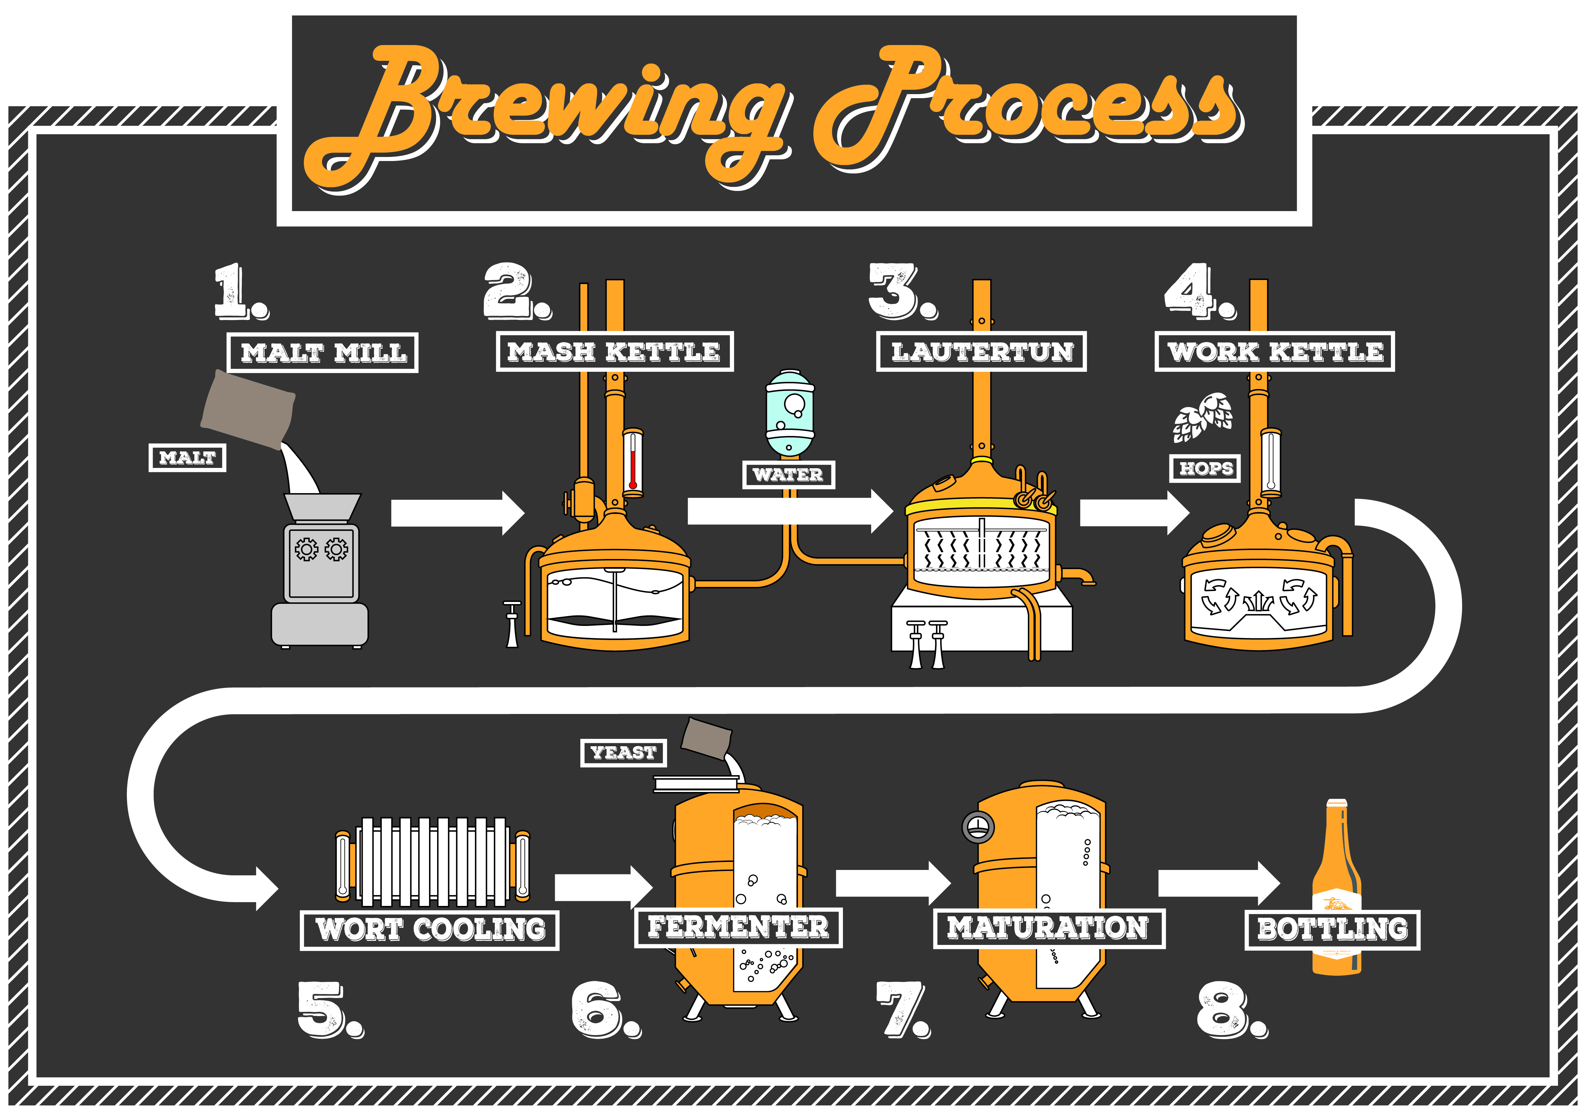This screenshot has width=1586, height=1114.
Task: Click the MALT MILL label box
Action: pos(322,353)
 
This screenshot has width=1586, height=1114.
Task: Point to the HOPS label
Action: pos(1205,468)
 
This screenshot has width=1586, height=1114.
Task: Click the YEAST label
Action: pos(623,753)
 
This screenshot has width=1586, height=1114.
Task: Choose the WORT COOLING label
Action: pos(430,929)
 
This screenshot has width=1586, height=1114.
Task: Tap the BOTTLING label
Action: pos(1332,929)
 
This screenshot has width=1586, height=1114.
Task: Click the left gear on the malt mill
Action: pos(306,549)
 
